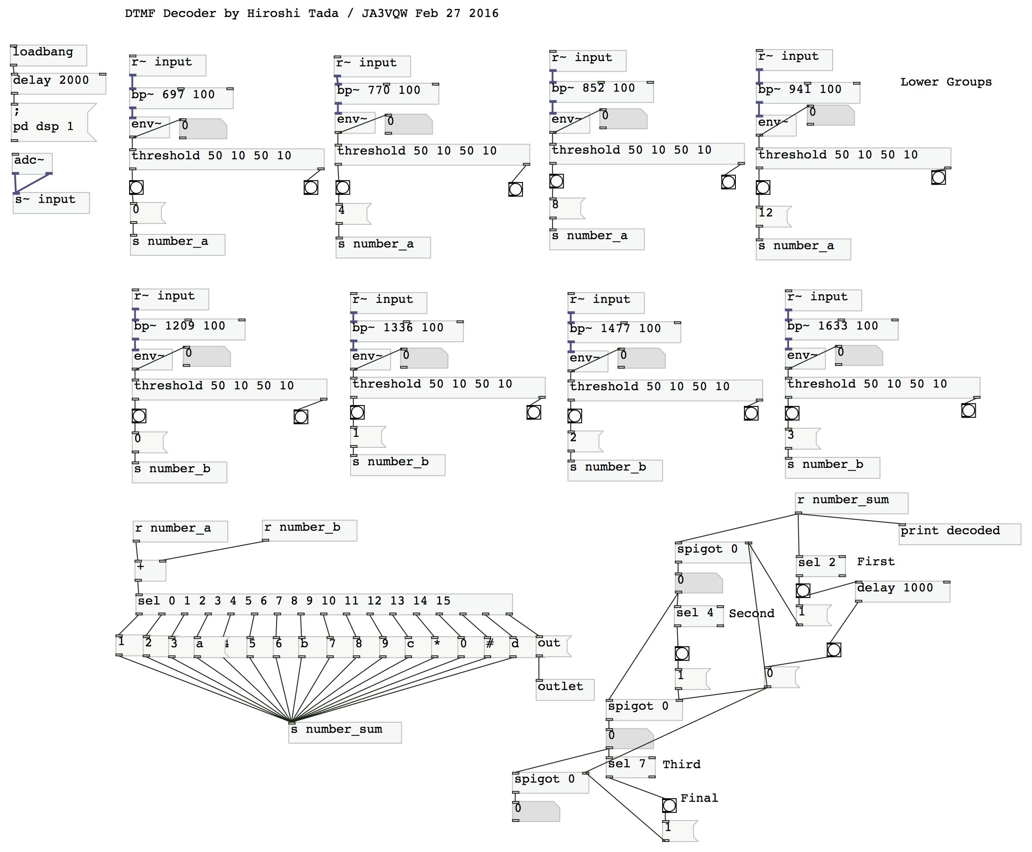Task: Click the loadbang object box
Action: [x=48, y=55]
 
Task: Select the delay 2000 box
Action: [x=58, y=83]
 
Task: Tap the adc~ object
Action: [x=32, y=163]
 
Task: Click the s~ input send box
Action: [x=51, y=203]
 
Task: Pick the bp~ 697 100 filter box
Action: [x=181, y=98]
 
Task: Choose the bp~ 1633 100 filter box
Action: [x=841, y=329]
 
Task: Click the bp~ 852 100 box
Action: [x=601, y=92]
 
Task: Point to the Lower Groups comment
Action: [x=945, y=82]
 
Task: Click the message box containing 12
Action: [x=772, y=216]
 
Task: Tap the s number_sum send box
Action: [x=344, y=732]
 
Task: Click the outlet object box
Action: [x=564, y=690]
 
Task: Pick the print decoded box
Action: [x=960, y=534]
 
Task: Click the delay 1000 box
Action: [x=902, y=591]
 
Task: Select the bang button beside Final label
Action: [x=669, y=805]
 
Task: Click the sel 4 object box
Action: [x=698, y=616]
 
